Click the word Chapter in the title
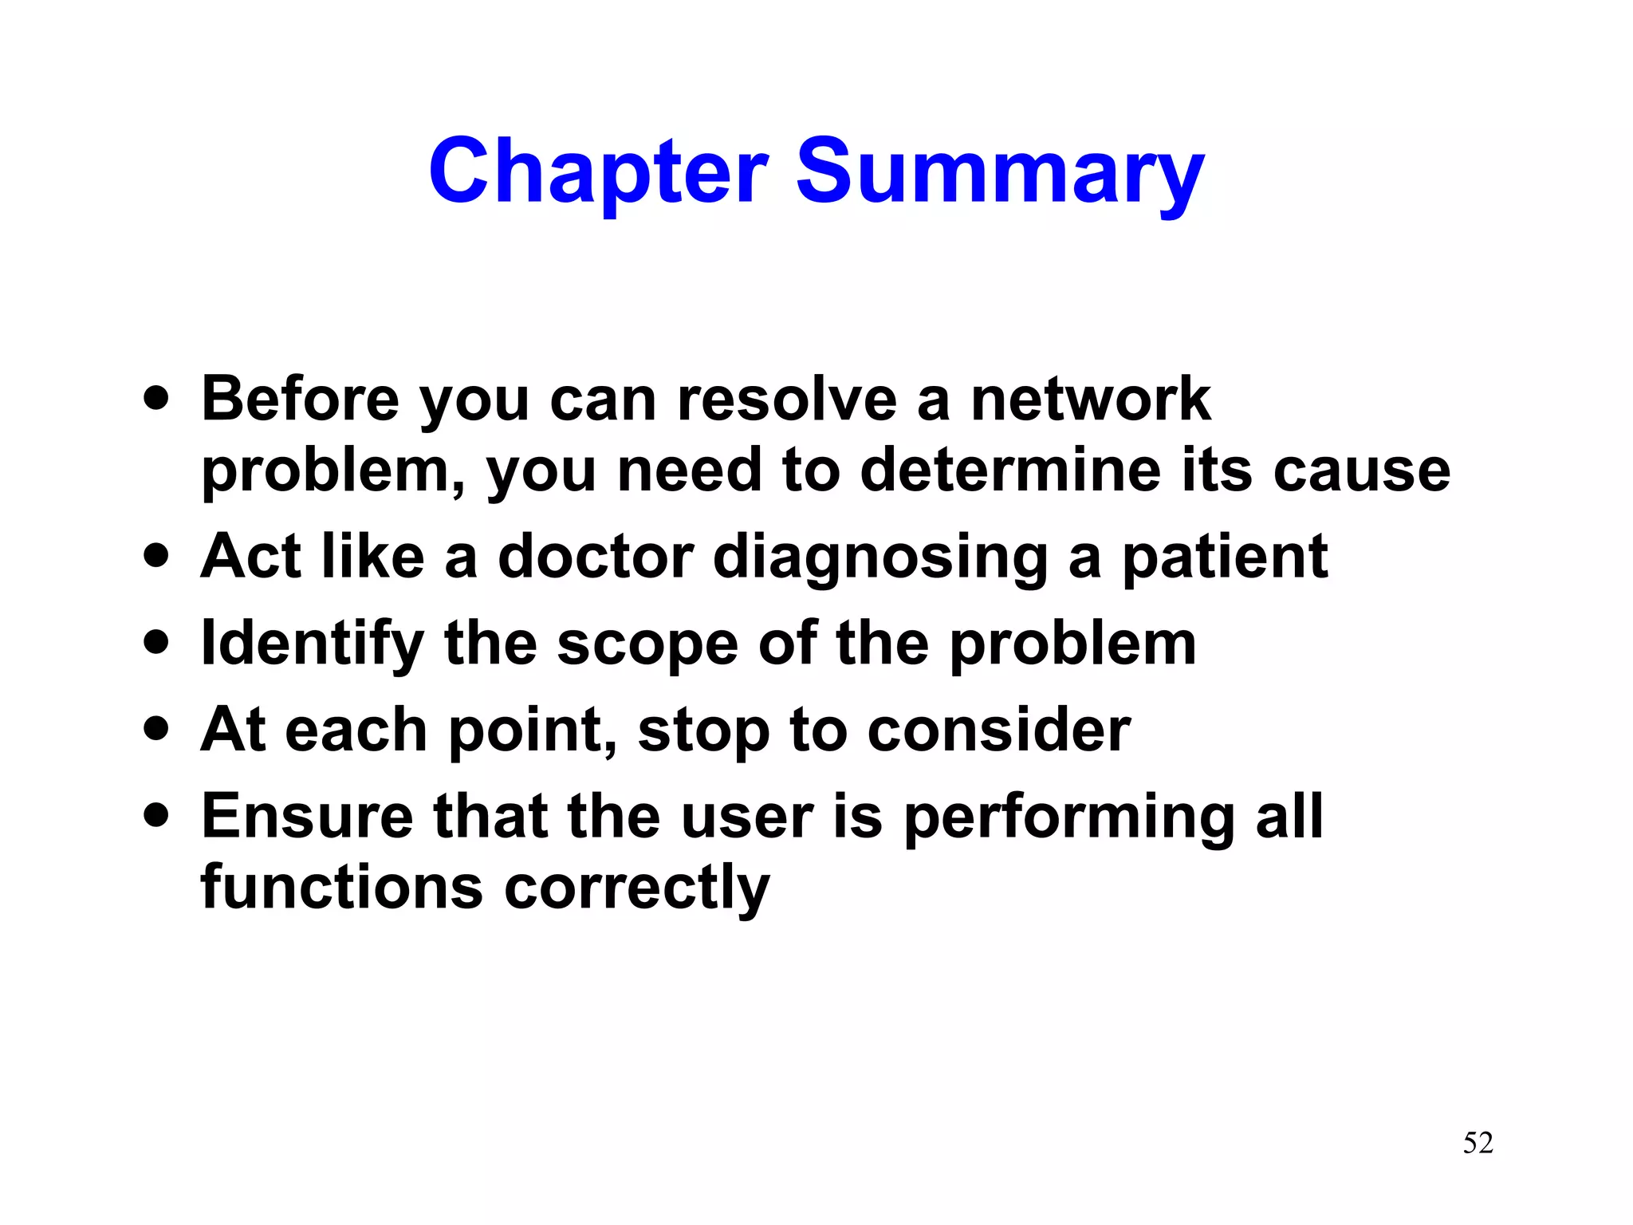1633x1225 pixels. coord(598,171)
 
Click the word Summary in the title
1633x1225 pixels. coord(1000,171)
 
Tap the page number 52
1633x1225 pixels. coord(1478,1143)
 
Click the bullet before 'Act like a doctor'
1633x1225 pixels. coord(157,555)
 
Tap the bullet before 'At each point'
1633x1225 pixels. coord(157,727)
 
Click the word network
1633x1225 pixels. coord(1090,399)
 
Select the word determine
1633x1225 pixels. coord(1011,470)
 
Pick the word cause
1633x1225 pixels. coord(1361,471)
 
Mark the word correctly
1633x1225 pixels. coord(637,888)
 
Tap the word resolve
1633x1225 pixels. coord(786,399)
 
